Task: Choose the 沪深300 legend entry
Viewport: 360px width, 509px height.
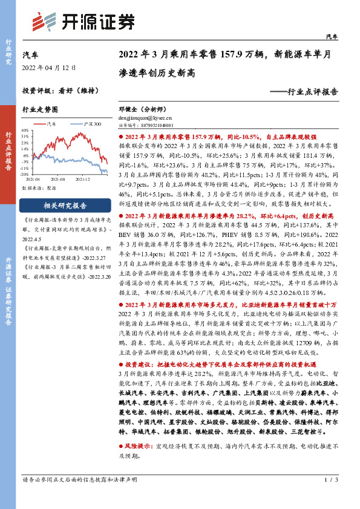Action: [x=89, y=124]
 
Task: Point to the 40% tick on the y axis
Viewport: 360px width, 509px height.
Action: [x=25, y=130]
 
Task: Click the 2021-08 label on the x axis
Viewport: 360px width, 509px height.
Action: [x=59, y=180]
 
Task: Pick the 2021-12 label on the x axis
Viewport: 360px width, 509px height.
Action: [x=84, y=180]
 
